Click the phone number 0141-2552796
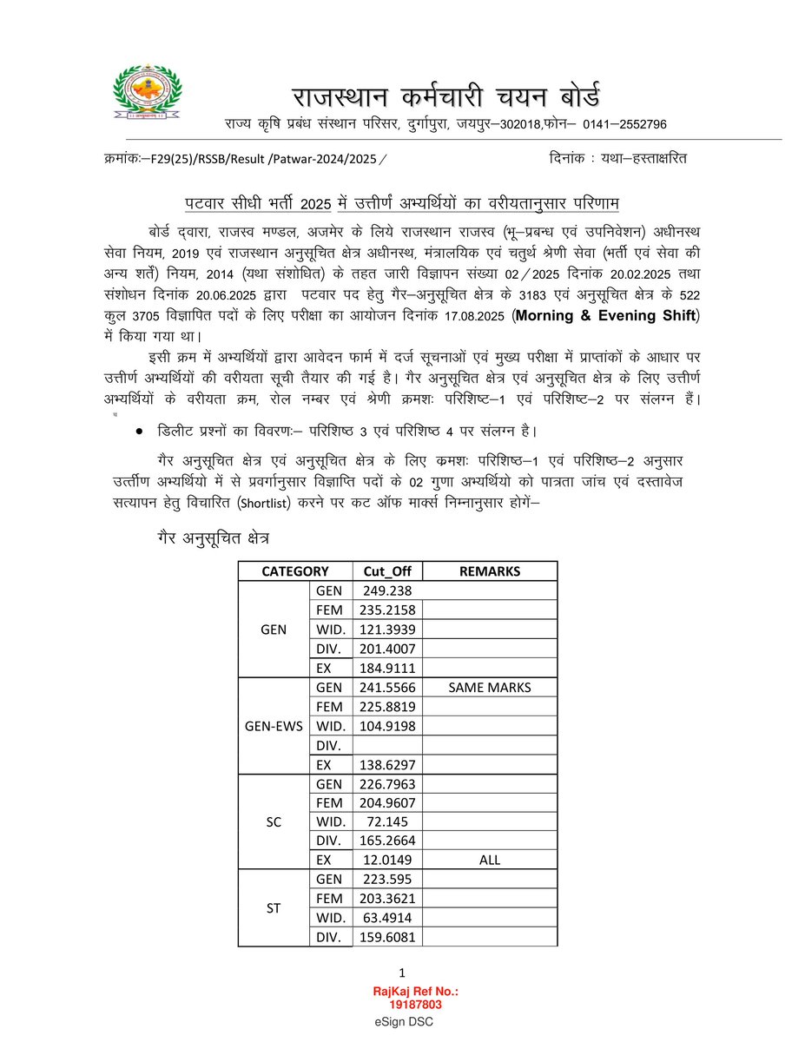point(624,125)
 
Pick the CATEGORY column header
point(295,571)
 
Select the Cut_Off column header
point(387,571)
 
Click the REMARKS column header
point(490,571)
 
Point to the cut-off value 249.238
point(387,590)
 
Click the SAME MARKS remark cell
point(490,688)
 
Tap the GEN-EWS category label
point(273,726)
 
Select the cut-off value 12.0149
point(387,860)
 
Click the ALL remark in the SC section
point(490,860)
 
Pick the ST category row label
point(273,907)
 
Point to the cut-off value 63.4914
point(387,918)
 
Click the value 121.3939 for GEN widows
point(387,629)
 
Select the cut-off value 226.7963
point(387,783)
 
